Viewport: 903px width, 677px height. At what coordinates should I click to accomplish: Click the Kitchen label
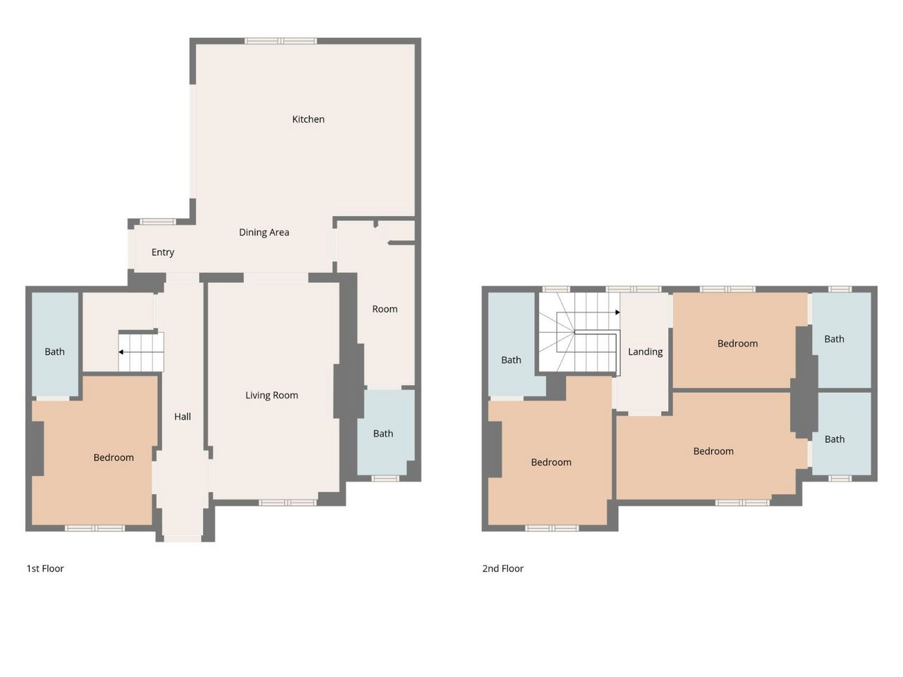pos(308,119)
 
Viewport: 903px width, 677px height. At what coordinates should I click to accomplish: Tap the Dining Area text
pos(264,232)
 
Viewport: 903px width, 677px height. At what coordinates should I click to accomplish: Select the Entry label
pos(162,252)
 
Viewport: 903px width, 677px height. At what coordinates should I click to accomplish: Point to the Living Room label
pos(272,395)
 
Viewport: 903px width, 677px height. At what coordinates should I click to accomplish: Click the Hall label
pos(182,416)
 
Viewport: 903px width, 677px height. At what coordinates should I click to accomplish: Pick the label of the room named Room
pos(384,309)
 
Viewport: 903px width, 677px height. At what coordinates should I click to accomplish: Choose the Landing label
pos(645,352)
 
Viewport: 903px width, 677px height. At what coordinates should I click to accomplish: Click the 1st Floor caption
pos(45,568)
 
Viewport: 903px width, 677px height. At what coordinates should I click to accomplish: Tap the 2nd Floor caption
pos(503,568)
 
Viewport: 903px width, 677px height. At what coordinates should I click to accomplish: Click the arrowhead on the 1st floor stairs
pos(121,352)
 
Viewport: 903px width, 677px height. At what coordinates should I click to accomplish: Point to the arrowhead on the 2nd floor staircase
pos(617,312)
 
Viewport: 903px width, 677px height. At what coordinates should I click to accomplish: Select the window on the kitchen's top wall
pos(281,41)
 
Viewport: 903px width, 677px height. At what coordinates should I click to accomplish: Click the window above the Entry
pos(157,221)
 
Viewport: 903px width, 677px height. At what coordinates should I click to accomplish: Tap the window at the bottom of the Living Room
pos(288,502)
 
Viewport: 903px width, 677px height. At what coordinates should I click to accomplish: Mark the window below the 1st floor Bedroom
pos(95,528)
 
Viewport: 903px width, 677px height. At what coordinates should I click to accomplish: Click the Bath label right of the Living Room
pos(383,433)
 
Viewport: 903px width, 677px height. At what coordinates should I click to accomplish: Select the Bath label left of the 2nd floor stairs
pos(511,360)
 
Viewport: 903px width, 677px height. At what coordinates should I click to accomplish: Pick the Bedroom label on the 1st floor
pos(114,458)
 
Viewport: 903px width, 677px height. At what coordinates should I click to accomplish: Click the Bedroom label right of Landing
pos(738,343)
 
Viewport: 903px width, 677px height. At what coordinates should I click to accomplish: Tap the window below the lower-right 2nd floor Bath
pos(840,478)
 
